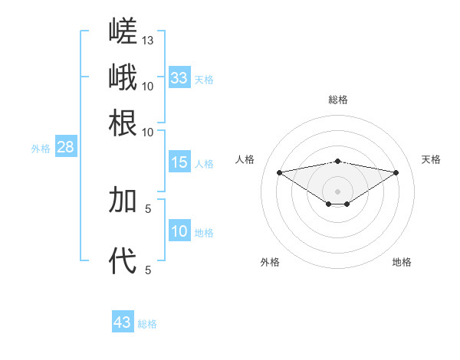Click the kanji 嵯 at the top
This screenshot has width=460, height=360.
[x=123, y=31]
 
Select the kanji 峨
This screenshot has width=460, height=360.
[x=123, y=77]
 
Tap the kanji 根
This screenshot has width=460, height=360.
[x=123, y=123]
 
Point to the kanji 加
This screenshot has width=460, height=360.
[x=123, y=199]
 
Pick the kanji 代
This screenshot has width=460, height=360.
[x=123, y=260]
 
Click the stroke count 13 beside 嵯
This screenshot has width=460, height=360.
[x=147, y=41]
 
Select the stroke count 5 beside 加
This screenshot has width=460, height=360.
[x=148, y=209]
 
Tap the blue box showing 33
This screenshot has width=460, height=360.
[x=179, y=77]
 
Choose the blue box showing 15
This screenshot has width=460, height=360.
[x=179, y=162]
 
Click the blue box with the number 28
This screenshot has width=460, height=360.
[x=66, y=146]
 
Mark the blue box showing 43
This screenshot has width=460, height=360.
[x=123, y=321]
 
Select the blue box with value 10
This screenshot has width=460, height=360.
[x=179, y=230]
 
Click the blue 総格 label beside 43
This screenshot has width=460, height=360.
[x=147, y=324]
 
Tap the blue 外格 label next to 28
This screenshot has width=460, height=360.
[x=41, y=149]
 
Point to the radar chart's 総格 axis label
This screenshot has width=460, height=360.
[x=338, y=100]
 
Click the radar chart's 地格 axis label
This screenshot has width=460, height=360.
[x=402, y=262]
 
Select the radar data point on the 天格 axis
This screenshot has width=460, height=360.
[x=396, y=172]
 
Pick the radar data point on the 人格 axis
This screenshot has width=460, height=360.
[x=280, y=172]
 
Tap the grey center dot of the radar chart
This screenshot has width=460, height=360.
[x=337, y=191]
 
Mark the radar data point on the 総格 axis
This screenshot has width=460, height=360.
[x=337, y=162]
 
